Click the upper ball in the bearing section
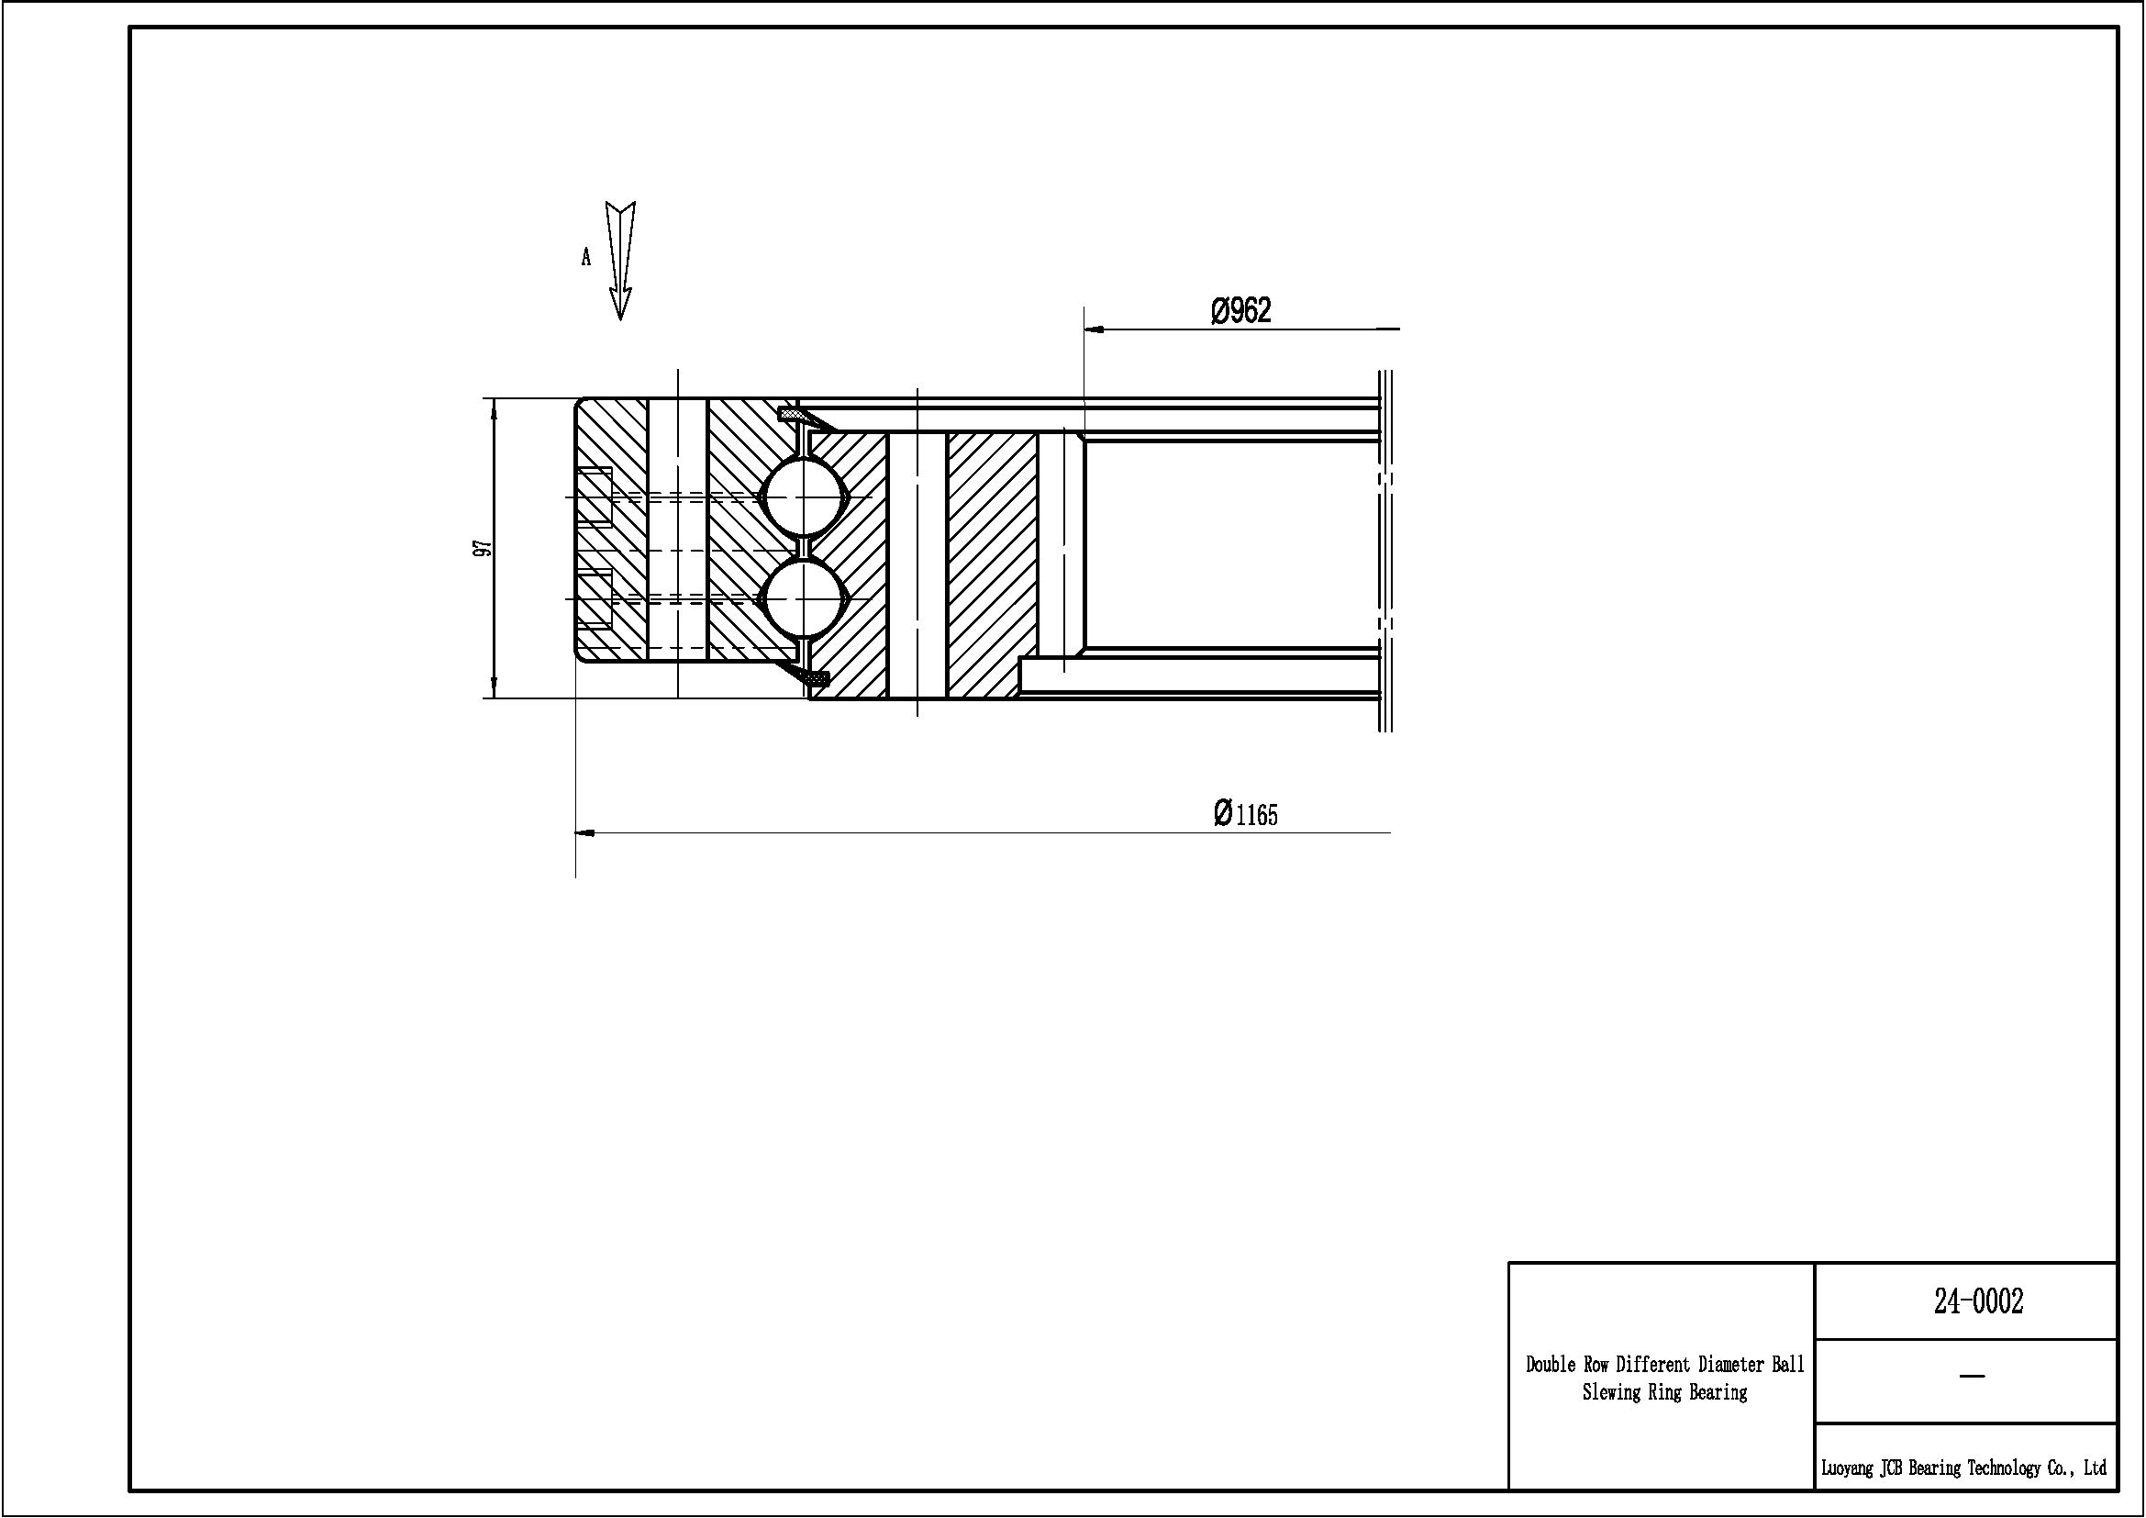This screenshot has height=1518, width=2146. (x=803, y=497)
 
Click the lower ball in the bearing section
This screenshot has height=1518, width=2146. (x=803, y=598)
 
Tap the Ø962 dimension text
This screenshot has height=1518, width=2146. (x=1241, y=310)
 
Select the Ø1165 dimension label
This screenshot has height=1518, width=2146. (x=1245, y=813)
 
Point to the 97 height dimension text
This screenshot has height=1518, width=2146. (x=483, y=549)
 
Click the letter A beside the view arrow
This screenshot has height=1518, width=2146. (x=586, y=257)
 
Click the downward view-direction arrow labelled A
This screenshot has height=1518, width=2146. (x=620, y=261)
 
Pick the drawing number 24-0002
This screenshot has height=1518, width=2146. (x=1978, y=1301)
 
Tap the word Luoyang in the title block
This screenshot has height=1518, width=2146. (x=1847, y=1468)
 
